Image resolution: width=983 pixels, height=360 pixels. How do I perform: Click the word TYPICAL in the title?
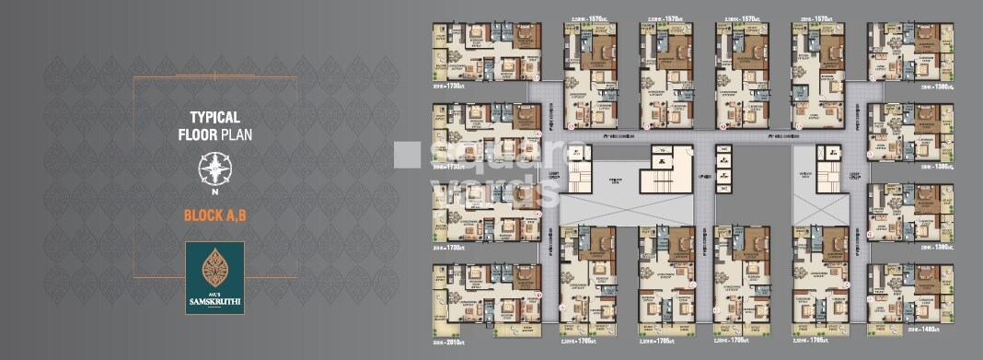(x=214, y=117)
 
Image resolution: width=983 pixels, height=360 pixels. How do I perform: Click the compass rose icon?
(x=214, y=169)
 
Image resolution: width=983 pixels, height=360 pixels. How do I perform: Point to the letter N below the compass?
(x=214, y=192)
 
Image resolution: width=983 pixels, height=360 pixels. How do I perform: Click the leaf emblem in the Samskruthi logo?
(x=214, y=265)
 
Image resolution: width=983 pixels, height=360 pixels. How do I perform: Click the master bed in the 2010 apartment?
(x=526, y=275)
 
